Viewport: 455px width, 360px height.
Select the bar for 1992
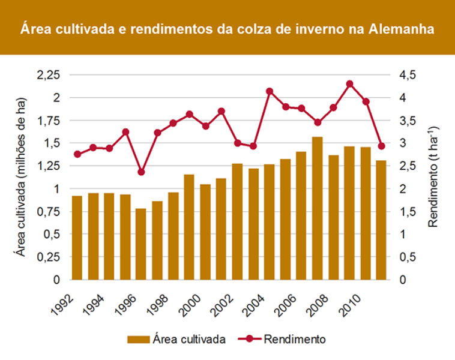tap(77, 238)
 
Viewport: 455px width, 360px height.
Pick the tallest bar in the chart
tap(318, 208)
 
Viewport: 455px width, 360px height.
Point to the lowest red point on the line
tap(141, 172)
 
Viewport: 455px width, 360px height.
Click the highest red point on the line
tap(350, 84)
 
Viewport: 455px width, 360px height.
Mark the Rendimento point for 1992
tap(77, 154)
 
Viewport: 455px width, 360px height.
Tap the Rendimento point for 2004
tap(270, 91)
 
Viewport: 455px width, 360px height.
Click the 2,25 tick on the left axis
tap(49, 74)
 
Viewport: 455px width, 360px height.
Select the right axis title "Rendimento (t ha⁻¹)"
tap(433, 176)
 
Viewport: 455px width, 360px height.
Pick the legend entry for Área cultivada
tap(176, 339)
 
